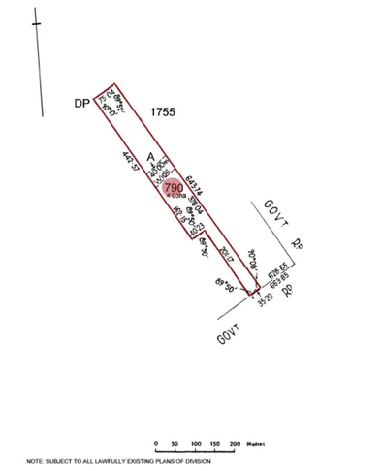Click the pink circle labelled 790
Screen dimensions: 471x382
174,187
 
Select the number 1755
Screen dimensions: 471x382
163,113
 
